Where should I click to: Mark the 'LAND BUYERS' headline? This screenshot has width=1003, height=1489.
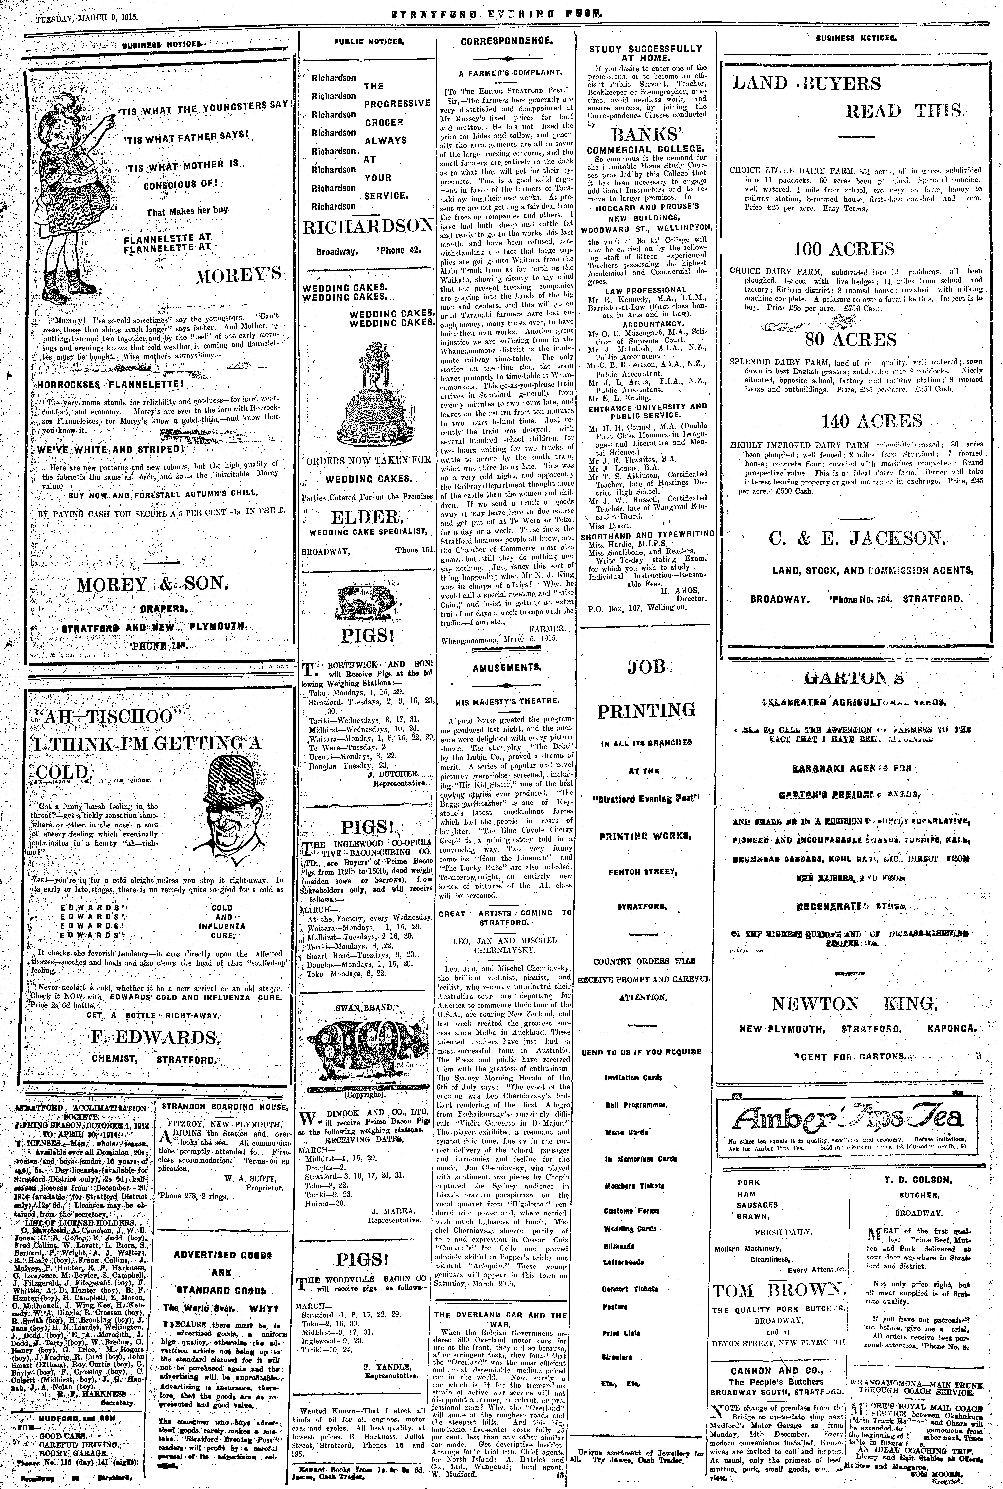(x=807, y=83)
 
